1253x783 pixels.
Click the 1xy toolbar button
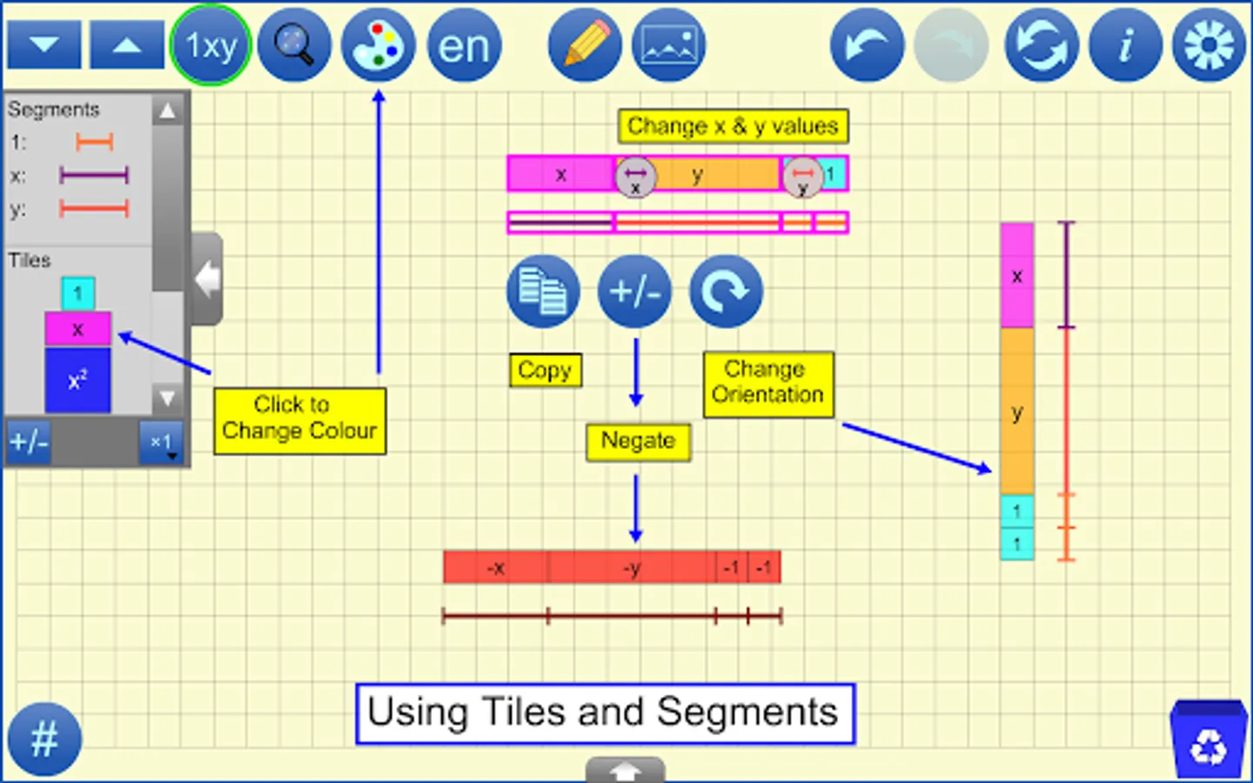coord(211,45)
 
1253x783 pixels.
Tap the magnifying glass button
coord(294,45)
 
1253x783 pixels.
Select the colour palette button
coord(379,45)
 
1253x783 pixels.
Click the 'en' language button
coord(464,45)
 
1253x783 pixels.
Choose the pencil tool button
coord(585,45)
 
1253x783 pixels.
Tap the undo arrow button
coord(867,45)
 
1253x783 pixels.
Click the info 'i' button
coord(1125,45)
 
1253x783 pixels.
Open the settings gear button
coord(1209,45)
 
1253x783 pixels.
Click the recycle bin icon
coord(1208,740)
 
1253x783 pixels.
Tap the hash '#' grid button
coord(44,739)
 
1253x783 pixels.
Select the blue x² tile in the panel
coord(77,380)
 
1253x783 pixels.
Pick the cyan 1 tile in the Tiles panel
coord(78,293)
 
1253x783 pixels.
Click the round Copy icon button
coord(543,291)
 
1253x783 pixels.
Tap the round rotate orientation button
coord(726,291)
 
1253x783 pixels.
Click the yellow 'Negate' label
coord(638,441)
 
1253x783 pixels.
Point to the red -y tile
coord(633,568)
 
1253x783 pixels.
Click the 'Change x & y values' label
coord(733,126)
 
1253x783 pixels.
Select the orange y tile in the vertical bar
coord(1016,412)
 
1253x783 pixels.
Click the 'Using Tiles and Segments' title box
coord(605,713)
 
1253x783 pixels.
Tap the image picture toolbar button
coord(668,45)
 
